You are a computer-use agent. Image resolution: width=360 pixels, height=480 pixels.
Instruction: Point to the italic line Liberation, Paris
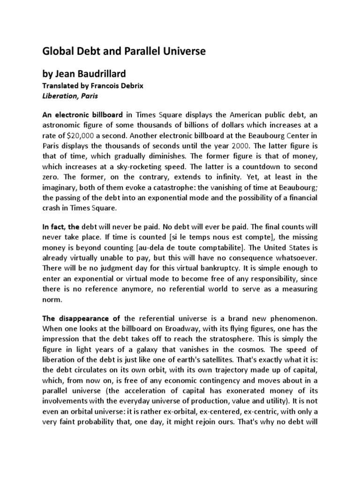(70, 96)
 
